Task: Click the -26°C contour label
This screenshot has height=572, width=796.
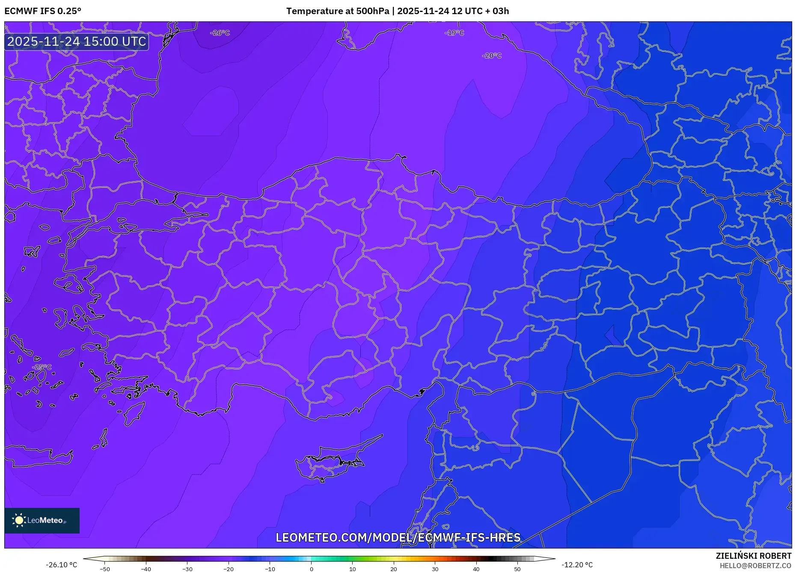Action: pos(220,33)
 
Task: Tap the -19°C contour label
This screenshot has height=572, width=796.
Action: pos(454,33)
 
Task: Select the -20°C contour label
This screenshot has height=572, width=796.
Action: pos(491,56)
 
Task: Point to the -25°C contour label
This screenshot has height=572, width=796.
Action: pos(42,367)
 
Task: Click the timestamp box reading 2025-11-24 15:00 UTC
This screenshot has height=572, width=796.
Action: pos(77,41)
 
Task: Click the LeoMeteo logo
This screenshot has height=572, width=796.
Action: pos(42,520)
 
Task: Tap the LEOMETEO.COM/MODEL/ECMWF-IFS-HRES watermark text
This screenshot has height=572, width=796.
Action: pos(398,537)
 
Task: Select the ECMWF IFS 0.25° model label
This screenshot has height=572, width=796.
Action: pos(43,11)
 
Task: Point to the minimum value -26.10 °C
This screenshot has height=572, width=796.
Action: pos(62,565)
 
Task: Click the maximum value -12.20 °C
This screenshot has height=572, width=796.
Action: pos(577,565)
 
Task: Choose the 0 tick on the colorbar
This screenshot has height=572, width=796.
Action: pos(311,569)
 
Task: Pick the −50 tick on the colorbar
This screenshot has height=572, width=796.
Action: pos(105,569)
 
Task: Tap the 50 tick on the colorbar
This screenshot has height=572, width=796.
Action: pos(517,569)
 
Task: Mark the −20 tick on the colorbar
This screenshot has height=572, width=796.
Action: pos(229,569)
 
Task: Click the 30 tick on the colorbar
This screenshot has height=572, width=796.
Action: pos(435,569)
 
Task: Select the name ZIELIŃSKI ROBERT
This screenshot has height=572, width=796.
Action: pos(753,556)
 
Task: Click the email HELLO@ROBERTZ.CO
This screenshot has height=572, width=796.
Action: pos(755,566)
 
